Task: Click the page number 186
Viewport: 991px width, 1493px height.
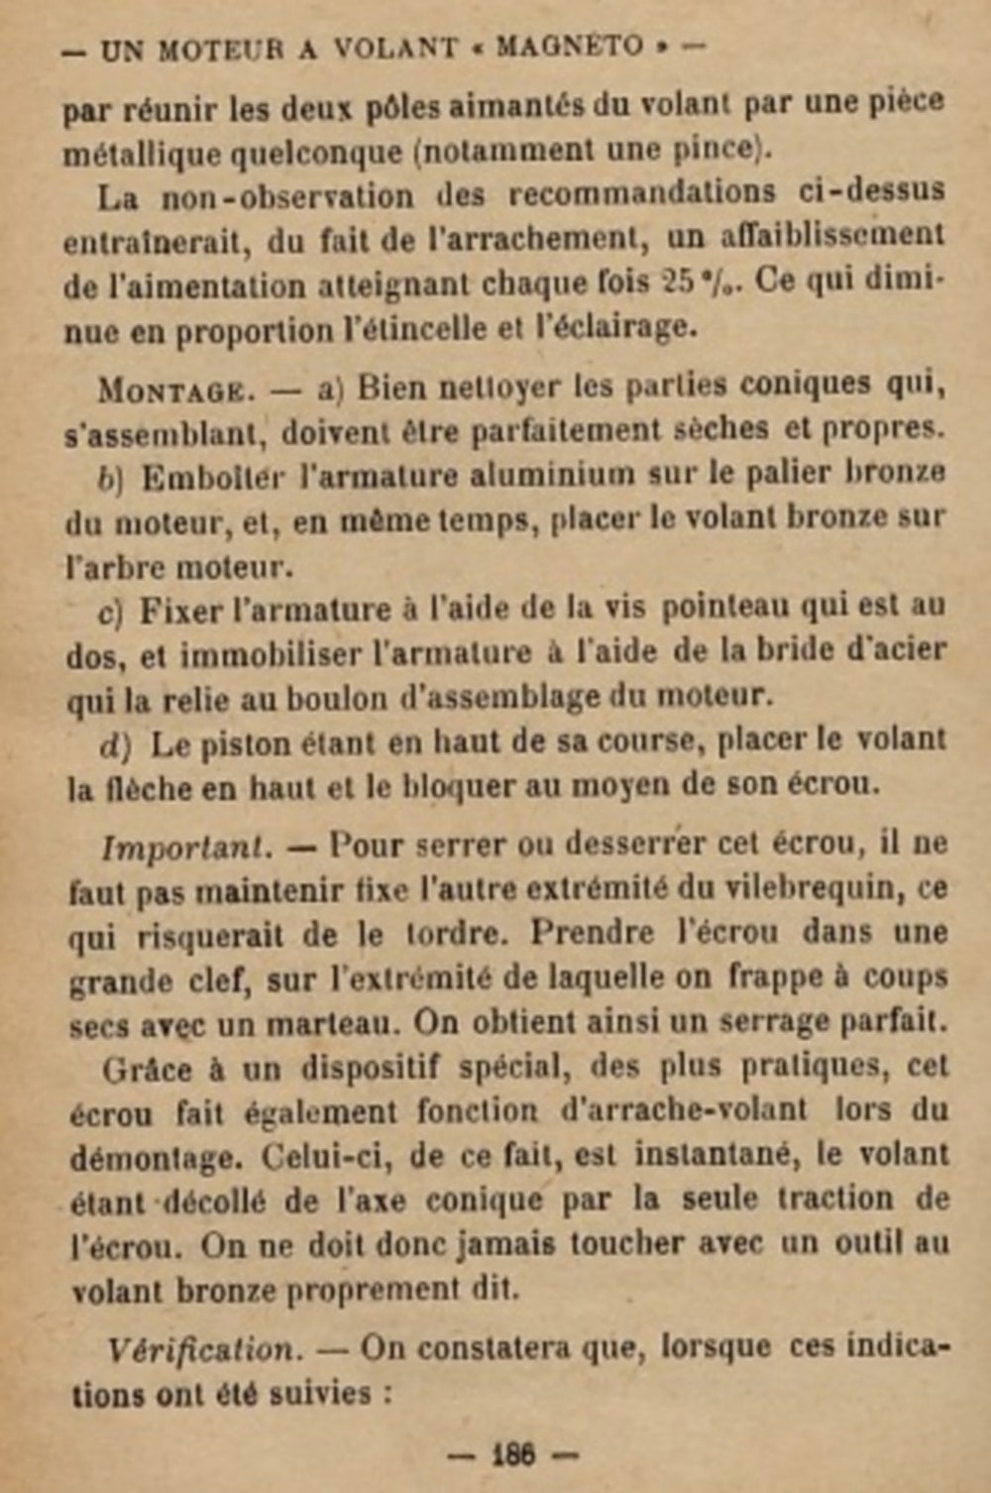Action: [x=513, y=1454]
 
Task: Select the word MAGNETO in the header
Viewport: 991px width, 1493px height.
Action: [x=570, y=47]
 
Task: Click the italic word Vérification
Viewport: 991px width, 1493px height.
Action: [x=201, y=1350]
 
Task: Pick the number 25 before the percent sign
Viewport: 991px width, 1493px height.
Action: [x=678, y=283]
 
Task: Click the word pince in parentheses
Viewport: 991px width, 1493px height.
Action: [x=712, y=150]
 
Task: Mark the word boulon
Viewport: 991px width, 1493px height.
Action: [x=340, y=697]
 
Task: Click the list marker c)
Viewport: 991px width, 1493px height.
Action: [x=109, y=611]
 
